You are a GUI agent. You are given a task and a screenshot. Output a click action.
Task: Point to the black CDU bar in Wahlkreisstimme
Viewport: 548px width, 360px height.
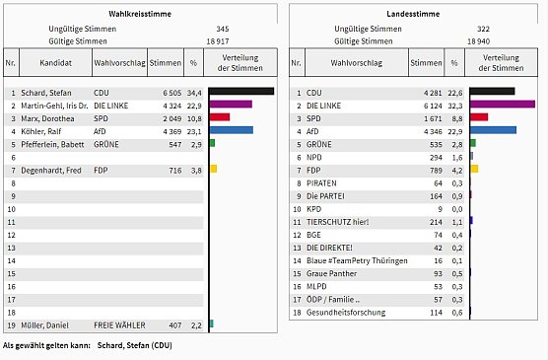coord(240,92)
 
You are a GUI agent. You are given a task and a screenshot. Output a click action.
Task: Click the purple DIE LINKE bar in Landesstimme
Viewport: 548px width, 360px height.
coord(502,105)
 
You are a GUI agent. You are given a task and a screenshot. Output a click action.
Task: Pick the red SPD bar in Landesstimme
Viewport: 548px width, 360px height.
coord(479,117)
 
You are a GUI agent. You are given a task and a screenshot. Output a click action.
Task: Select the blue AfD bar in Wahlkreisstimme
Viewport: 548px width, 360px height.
coord(231,130)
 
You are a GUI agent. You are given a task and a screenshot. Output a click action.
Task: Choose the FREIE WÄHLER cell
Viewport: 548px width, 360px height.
coord(119,324)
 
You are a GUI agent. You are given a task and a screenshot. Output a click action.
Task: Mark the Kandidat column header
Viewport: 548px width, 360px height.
coord(55,62)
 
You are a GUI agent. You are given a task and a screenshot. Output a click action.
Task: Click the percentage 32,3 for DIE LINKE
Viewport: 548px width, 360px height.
coord(455,105)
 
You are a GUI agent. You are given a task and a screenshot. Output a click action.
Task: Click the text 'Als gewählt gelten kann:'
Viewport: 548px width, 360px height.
coord(46,347)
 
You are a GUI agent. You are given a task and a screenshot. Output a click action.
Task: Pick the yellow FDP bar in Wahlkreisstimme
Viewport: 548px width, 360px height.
coord(213,170)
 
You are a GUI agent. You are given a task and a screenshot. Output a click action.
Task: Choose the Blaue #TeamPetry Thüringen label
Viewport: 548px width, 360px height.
coord(356,260)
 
